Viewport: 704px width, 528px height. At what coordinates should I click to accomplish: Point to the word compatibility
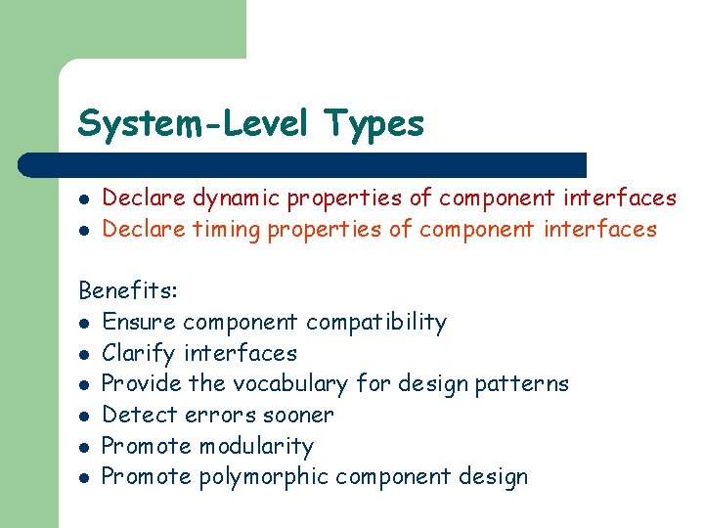click(376, 323)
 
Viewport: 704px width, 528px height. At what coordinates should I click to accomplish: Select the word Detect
click(136, 415)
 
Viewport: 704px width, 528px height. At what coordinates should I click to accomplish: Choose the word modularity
click(256, 447)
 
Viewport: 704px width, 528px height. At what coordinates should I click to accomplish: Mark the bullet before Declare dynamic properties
click(85, 198)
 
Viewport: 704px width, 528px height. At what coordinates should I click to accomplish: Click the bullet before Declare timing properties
click(85, 230)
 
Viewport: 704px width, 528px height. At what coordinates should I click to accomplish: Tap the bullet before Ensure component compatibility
click(85, 323)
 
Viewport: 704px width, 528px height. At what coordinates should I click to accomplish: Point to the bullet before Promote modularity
click(85, 447)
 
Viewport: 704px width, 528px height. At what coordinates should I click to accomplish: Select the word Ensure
click(139, 323)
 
